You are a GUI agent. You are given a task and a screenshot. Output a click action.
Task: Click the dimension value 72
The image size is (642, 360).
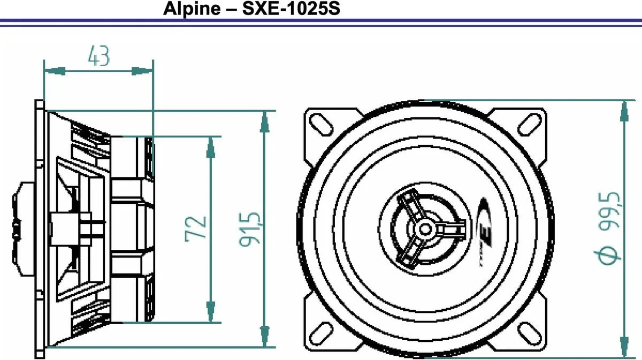196,228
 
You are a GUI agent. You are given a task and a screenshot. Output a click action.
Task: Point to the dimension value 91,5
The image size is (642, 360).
250,228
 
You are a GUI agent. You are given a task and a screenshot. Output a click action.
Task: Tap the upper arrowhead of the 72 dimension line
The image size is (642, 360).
211,146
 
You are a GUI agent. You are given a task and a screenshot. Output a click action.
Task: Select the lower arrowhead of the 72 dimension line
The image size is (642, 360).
211,313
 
